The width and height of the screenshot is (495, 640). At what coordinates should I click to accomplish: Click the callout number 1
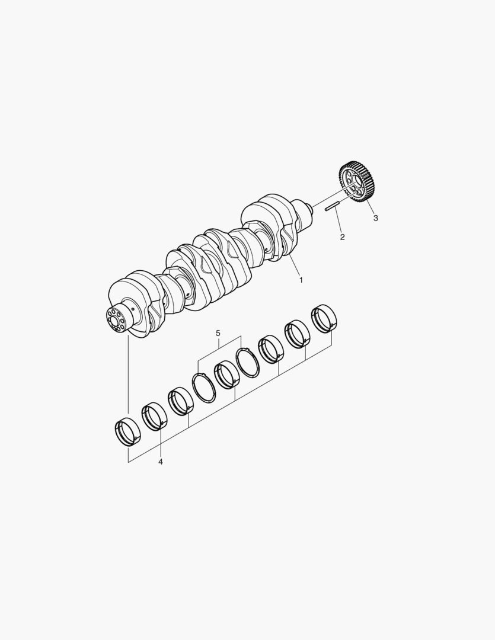(x=301, y=280)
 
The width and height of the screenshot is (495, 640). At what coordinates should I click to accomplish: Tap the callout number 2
(x=342, y=237)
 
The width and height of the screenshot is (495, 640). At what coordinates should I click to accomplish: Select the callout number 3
(x=375, y=218)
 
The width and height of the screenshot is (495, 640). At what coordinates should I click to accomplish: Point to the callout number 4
(x=161, y=462)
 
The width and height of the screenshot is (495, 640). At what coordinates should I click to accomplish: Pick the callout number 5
(x=218, y=334)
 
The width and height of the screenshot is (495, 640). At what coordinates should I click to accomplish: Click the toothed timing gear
(x=356, y=183)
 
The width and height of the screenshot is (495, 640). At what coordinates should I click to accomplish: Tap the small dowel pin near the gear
(x=332, y=207)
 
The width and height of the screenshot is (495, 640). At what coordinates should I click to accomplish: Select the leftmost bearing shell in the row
(x=128, y=431)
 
